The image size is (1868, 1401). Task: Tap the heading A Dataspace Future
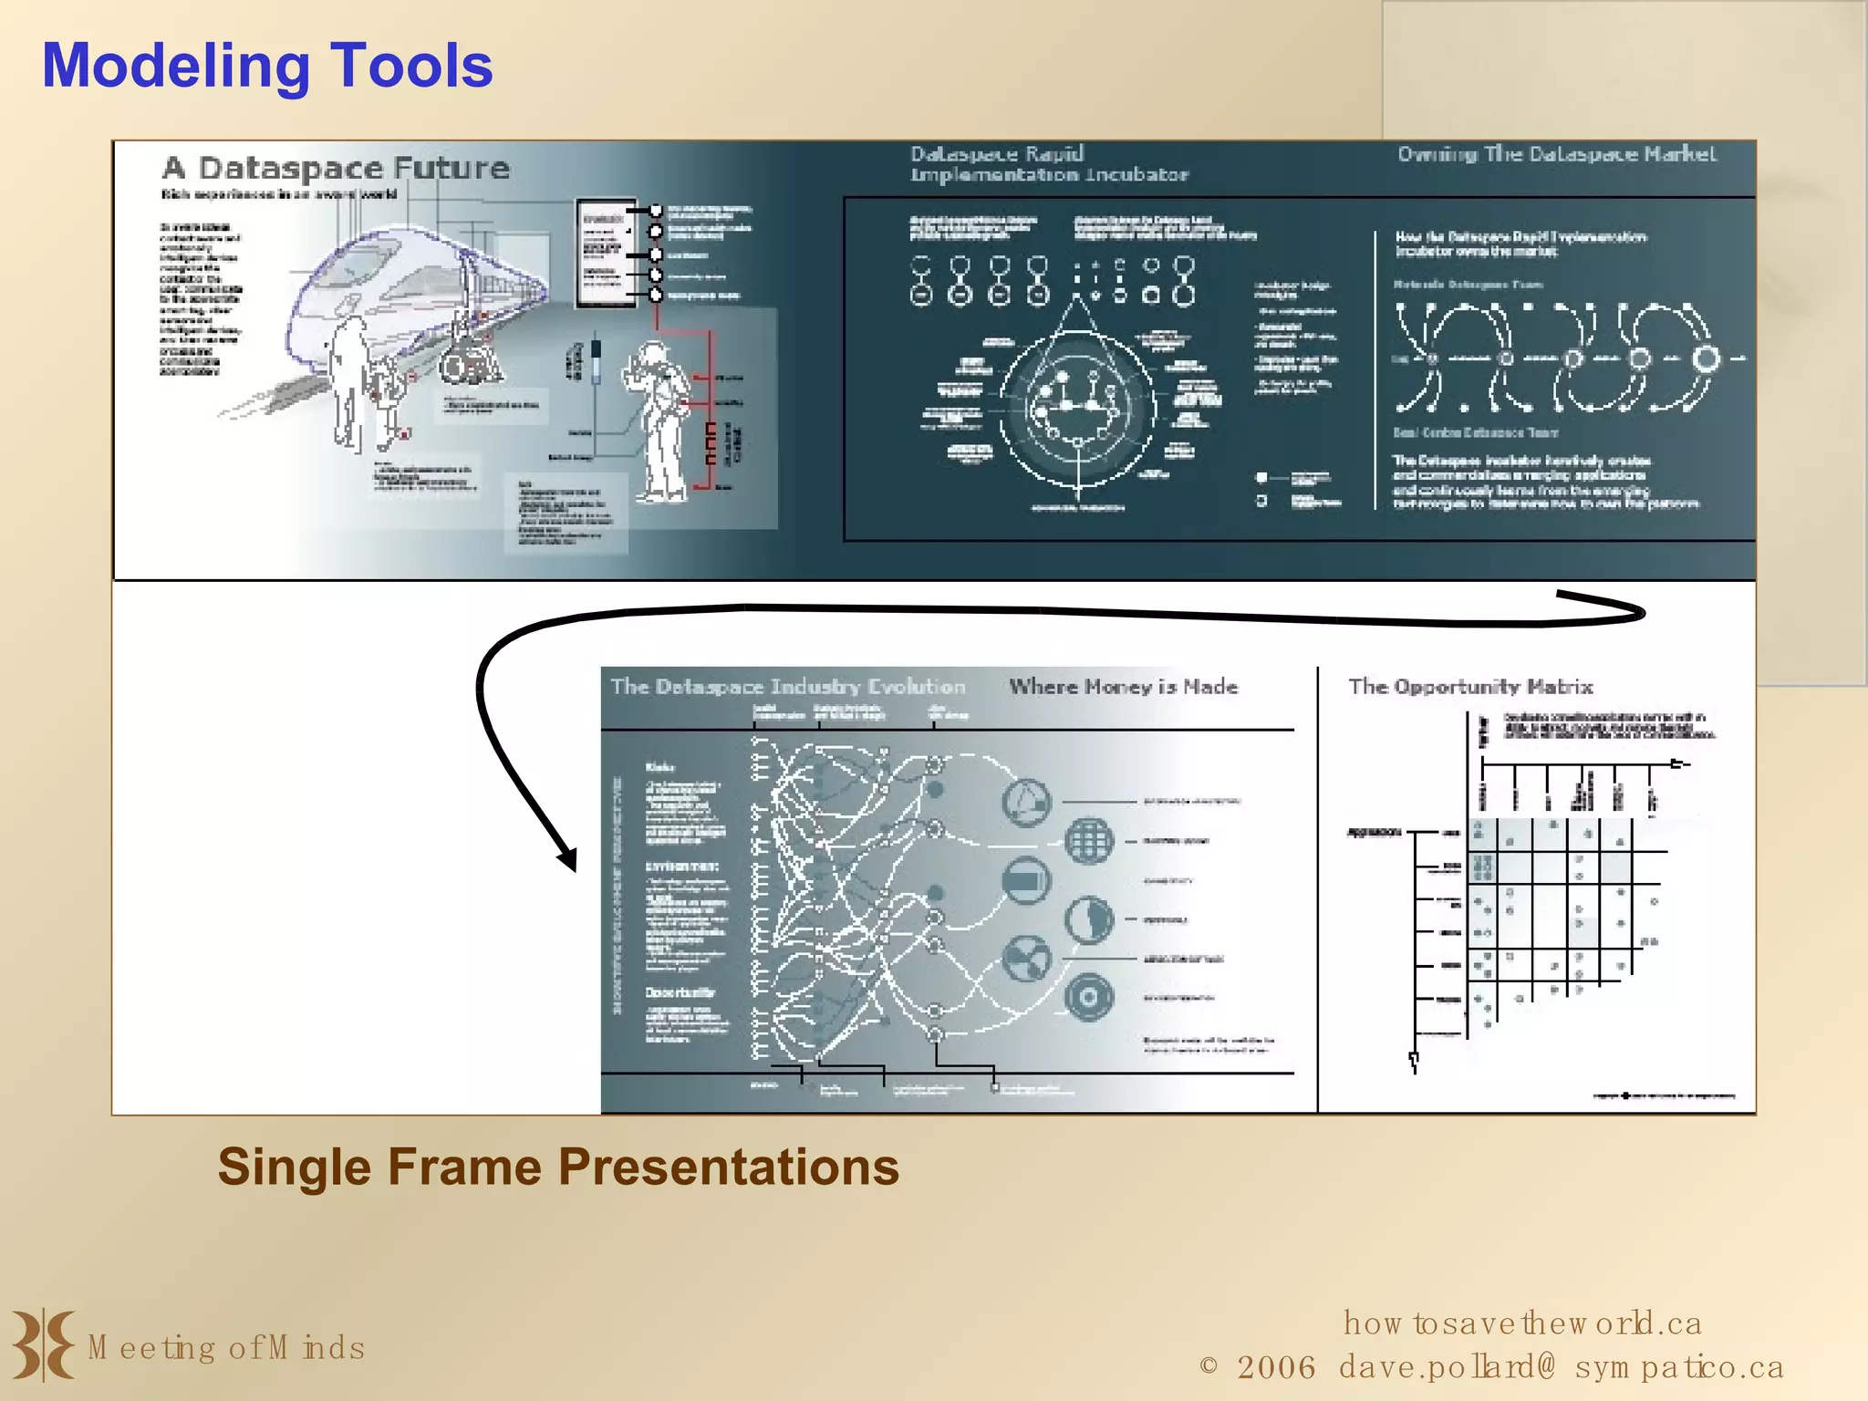pyautogui.click(x=336, y=169)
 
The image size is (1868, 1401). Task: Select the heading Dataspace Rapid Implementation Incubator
pyautogui.click(x=1049, y=164)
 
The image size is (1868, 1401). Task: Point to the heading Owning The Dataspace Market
pyautogui.click(x=1556, y=154)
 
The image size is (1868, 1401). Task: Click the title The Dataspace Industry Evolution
pyautogui.click(x=787, y=687)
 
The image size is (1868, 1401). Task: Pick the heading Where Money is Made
pyautogui.click(x=1123, y=687)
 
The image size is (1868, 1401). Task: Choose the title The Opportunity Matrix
pyautogui.click(x=1470, y=687)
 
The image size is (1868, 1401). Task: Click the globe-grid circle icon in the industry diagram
pyautogui.click(x=1089, y=840)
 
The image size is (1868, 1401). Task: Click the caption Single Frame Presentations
pyautogui.click(x=558, y=1167)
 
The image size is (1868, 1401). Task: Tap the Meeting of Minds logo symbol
pyautogui.click(x=43, y=1344)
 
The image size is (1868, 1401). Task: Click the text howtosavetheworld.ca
pyautogui.click(x=1521, y=1323)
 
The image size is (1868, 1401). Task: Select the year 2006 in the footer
pyautogui.click(x=1276, y=1367)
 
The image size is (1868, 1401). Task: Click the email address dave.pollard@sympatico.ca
pyautogui.click(x=1561, y=1367)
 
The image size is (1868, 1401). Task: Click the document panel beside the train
pyautogui.click(x=606, y=254)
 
